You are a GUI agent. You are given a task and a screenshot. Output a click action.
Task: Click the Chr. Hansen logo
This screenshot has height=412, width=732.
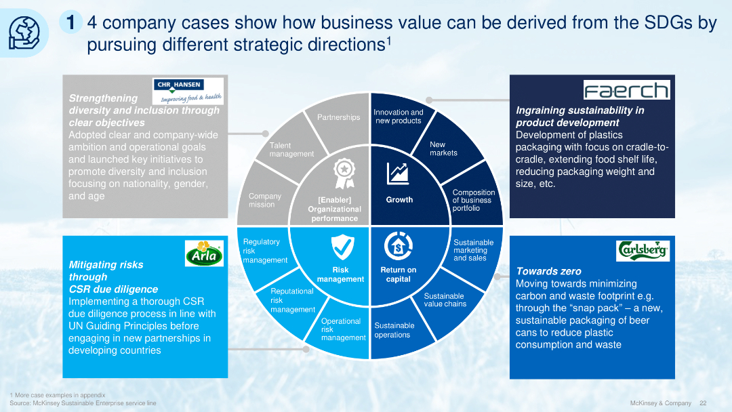[188, 90]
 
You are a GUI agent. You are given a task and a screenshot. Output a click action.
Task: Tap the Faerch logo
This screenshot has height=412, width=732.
[626, 90]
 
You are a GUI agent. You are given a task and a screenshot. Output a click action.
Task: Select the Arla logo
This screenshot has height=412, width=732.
[204, 254]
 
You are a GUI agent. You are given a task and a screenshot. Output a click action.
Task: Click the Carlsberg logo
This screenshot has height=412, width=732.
[643, 250]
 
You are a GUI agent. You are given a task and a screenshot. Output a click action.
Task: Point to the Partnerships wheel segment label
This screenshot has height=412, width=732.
[339, 117]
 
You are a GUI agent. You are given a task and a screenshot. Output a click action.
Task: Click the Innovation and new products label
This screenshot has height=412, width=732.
[399, 117]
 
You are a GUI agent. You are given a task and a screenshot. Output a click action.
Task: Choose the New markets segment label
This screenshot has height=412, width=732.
[443, 148]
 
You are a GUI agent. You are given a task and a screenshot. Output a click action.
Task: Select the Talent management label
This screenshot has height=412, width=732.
[291, 150]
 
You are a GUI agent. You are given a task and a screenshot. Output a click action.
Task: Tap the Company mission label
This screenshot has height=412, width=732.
[264, 200]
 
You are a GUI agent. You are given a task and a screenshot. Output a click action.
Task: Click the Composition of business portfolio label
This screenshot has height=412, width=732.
[473, 201]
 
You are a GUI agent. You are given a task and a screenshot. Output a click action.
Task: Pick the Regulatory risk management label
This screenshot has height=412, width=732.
[264, 251]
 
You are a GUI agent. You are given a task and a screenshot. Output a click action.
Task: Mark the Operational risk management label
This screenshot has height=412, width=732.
[343, 329]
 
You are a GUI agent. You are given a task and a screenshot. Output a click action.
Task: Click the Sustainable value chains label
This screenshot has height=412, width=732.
[445, 300]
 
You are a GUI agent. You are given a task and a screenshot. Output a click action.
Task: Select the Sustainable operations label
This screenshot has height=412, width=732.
[394, 330]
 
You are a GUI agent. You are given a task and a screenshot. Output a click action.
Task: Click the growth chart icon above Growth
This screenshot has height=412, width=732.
[397, 173]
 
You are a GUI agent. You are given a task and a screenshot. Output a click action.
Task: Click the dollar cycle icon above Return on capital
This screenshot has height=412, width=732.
[397, 245]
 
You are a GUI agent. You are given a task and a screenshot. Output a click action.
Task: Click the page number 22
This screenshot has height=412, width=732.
[703, 403]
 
